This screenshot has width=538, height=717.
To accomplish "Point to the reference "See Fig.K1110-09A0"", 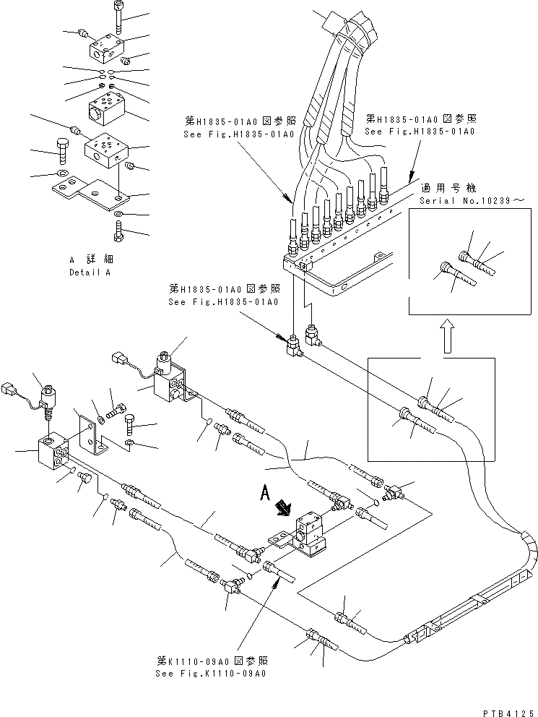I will pyautogui.click(x=210, y=674).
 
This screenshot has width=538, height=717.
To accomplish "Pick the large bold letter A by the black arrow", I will pyautogui.click(x=265, y=495).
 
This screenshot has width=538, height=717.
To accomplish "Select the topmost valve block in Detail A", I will pyautogui.click(x=105, y=48).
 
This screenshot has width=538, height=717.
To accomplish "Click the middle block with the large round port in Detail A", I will pyautogui.click(x=105, y=108).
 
